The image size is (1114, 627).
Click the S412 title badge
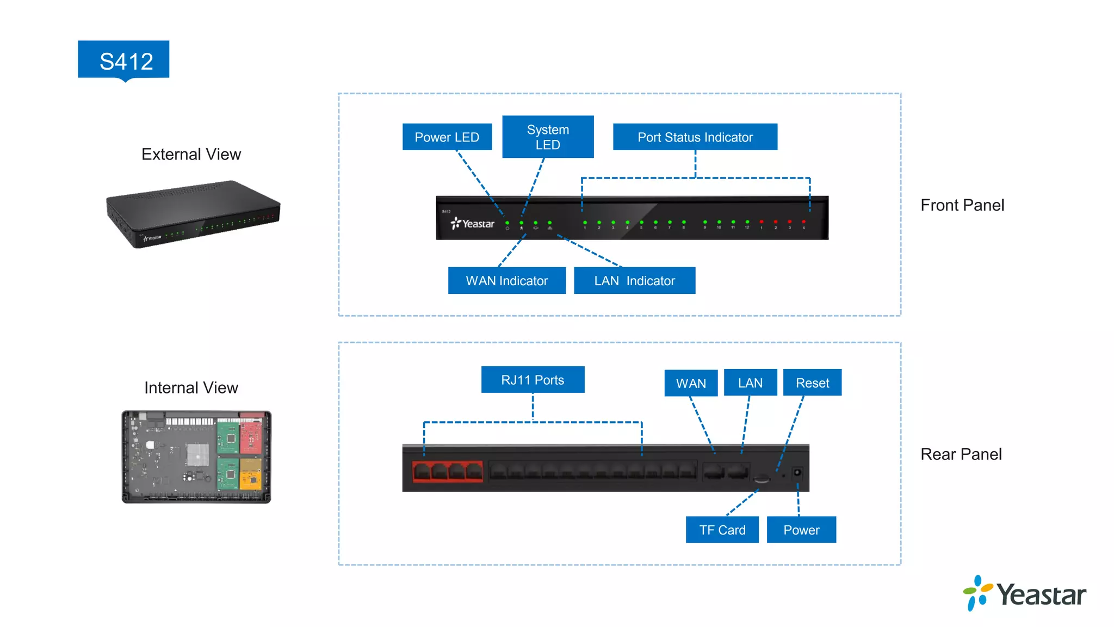point(123,60)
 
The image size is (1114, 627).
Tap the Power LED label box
point(447,137)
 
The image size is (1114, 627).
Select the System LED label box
point(547,137)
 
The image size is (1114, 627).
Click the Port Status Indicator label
point(695,137)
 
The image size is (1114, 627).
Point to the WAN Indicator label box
point(506,281)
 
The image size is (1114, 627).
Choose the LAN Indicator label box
point(634,281)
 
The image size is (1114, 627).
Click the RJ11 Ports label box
point(533,380)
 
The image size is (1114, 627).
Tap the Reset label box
point(812,383)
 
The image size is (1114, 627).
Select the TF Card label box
point(722,530)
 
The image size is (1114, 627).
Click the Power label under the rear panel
point(801,530)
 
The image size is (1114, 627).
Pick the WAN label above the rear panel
point(691,383)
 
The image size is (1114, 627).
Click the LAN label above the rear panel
point(750,383)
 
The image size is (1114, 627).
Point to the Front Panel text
point(962,205)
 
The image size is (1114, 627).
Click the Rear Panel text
point(961,454)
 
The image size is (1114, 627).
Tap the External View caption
point(191,155)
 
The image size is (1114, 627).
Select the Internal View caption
point(191,388)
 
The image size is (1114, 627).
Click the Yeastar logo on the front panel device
point(472,224)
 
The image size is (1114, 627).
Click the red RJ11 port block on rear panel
point(447,471)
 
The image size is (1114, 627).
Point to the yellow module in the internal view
point(251,473)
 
